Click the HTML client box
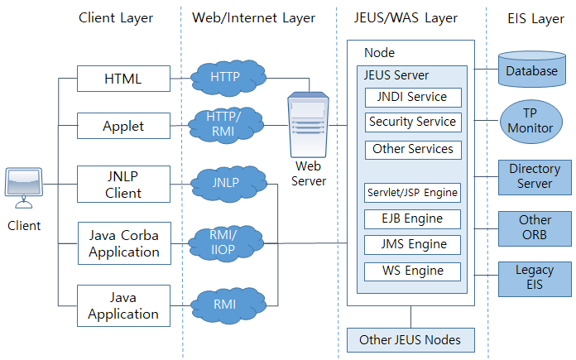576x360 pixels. click(122, 79)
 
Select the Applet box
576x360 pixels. click(122, 127)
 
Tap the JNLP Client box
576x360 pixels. click(122, 185)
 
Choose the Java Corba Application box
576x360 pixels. click(122, 243)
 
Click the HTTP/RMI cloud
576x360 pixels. click(225, 125)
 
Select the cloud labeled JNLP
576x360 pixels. click(225, 181)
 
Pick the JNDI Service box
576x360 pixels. click(411, 97)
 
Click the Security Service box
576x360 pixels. click(411, 122)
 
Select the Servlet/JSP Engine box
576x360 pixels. click(411, 193)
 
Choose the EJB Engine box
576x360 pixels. click(411, 219)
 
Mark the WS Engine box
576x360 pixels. click(411, 271)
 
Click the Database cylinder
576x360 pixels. click(532, 70)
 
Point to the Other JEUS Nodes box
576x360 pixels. click(410, 340)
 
